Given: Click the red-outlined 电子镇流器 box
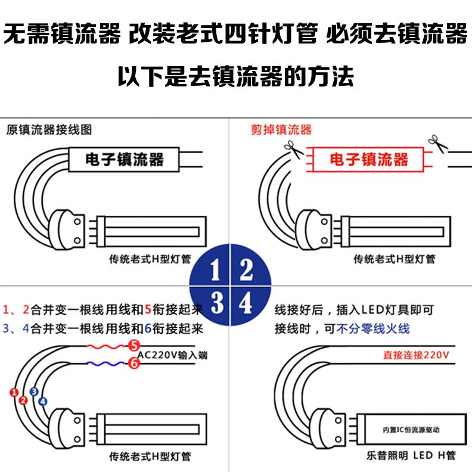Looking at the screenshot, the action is pyautogui.click(x=369, y=159).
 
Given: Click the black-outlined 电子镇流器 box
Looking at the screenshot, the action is pyautogui.click(x=125, y=159).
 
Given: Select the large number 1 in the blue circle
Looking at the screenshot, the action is pyautogui.click(x=216, y=271).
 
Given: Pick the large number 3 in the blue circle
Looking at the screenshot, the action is pyautogui.click(x=216, y=303).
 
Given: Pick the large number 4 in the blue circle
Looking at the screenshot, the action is pyautogui.click(x=246, y=303).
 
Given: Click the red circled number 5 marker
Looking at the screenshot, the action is pyautogui.click(x=134, y=346).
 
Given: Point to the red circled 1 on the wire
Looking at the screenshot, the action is pyautogui.click(x=13, y=392).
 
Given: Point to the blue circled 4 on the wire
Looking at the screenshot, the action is pyautogui.click(x=42, y=401).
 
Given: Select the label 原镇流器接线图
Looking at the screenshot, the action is pyautogui.click(x=49, y=129).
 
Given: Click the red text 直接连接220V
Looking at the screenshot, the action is pyautogui.click(x=416, y=355).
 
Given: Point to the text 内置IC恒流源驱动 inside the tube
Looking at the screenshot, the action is pyautogui.click(x=405, y=430).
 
